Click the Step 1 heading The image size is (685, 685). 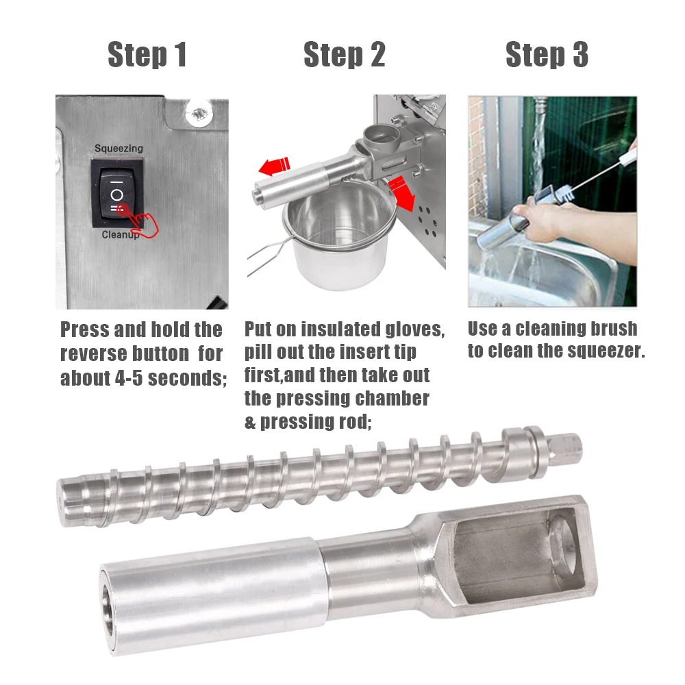tap(147, 55)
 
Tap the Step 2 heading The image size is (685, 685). tap(345, 55)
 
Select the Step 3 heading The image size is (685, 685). tap(547, 55)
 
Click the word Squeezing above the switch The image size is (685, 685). tap(119, 149)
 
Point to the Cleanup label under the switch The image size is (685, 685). tap(120, 235)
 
